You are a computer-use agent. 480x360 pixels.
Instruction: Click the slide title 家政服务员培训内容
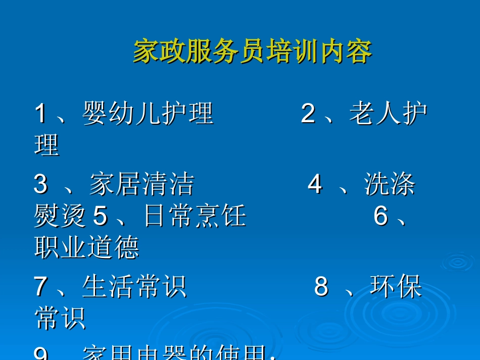[x=252, y=52]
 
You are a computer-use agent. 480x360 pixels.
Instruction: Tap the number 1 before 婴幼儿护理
[x=40, y=114]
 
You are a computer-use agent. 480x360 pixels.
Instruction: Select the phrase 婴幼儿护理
[x=148, y=114]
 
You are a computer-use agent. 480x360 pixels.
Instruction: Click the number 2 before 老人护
[x=308, y=114]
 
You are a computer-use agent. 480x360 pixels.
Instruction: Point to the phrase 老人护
[x=388, y=114]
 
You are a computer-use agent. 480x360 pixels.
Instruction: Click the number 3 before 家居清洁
[x=40, y=185]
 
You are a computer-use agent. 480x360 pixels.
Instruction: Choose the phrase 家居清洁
[x=141, y=185]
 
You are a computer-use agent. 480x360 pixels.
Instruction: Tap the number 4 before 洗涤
[x=315, y=185]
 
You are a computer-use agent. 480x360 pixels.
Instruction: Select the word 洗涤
[x=390, y=185]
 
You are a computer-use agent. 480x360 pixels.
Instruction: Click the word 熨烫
[x=60, y=216]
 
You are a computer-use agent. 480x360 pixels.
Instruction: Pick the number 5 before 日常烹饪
[x=101, y=216]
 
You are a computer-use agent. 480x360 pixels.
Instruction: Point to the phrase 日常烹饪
[x=195, y=216]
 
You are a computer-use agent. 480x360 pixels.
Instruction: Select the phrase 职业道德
[x=86, y=247]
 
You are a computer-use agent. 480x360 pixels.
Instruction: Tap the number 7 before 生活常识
[x=40, y=287]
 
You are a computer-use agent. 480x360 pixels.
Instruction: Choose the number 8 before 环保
[x=321, y=287]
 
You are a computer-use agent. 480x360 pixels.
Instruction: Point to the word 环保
[x=396, y=287]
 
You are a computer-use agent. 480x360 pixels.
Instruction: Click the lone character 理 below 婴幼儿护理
[x=47, y=145]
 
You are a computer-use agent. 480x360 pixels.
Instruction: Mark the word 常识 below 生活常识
[x=60, y=318]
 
